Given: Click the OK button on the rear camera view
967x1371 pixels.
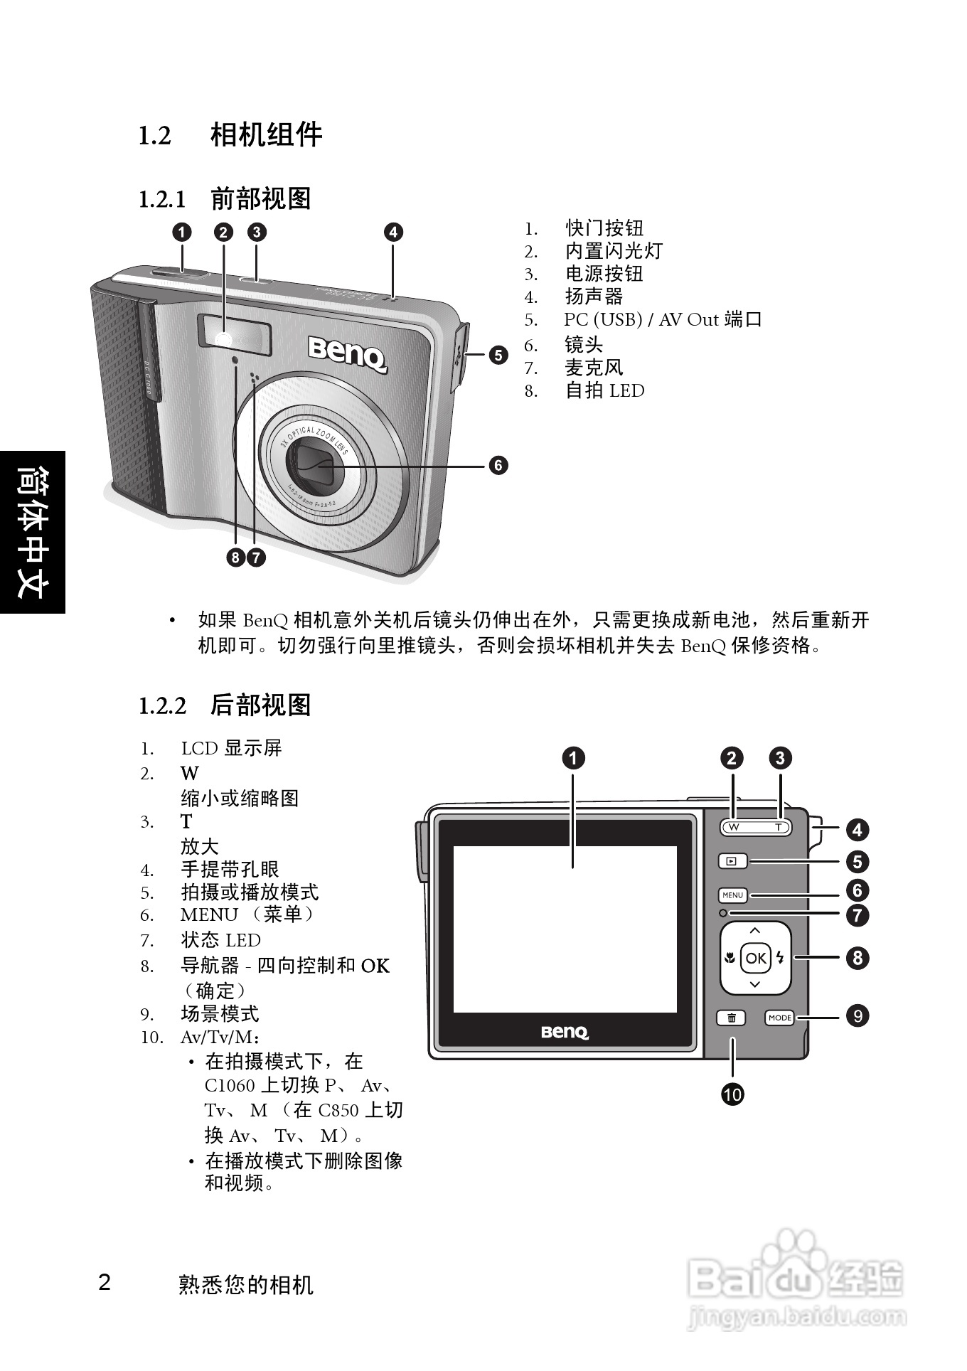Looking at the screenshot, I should (x=755, y=958).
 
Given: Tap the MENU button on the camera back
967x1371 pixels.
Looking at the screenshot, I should (x=732, y=895).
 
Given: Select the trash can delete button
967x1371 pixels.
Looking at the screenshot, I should (x=731, y=1018).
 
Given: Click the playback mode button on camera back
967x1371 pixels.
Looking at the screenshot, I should (x=732, y=861).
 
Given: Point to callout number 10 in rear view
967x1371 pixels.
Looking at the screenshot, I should (x=732, y=1094).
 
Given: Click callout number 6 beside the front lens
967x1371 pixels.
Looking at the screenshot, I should (x=498, y=465).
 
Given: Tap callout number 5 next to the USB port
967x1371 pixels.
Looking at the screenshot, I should (x=498, y=354).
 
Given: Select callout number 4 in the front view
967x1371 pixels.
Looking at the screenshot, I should (x=393, y=232).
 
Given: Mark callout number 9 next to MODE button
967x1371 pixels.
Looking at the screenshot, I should (x=858, y=1016).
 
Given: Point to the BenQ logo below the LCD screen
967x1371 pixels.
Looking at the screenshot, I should (x=565, y=1032).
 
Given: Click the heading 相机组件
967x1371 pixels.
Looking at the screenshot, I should (x=266, y=134).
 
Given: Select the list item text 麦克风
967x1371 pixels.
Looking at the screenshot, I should (x=594, y=368).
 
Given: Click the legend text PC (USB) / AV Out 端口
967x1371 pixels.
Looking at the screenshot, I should (x=663, y=320).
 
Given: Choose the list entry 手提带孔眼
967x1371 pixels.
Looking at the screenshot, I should (x=230, y=869).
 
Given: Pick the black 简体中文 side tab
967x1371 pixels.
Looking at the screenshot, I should (x=33, y=532).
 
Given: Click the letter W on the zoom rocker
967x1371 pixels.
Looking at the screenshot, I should (x=734, y=827).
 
